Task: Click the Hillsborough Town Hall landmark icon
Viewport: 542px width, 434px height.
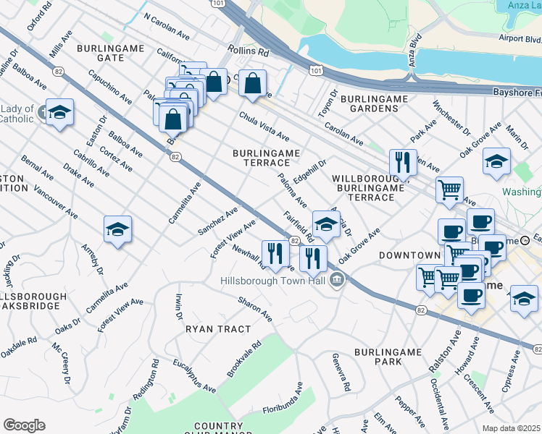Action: pos(336,280)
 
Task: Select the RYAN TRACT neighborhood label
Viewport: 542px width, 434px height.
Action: pos(213,328)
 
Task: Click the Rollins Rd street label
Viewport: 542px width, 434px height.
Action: pos(248,52)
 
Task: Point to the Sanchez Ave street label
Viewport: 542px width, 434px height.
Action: pos(218,221)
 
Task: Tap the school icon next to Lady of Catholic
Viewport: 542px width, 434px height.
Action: pos(59,113)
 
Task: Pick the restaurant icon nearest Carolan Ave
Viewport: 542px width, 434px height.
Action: pos(402,163)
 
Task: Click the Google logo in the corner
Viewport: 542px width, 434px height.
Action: pos(24,425)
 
